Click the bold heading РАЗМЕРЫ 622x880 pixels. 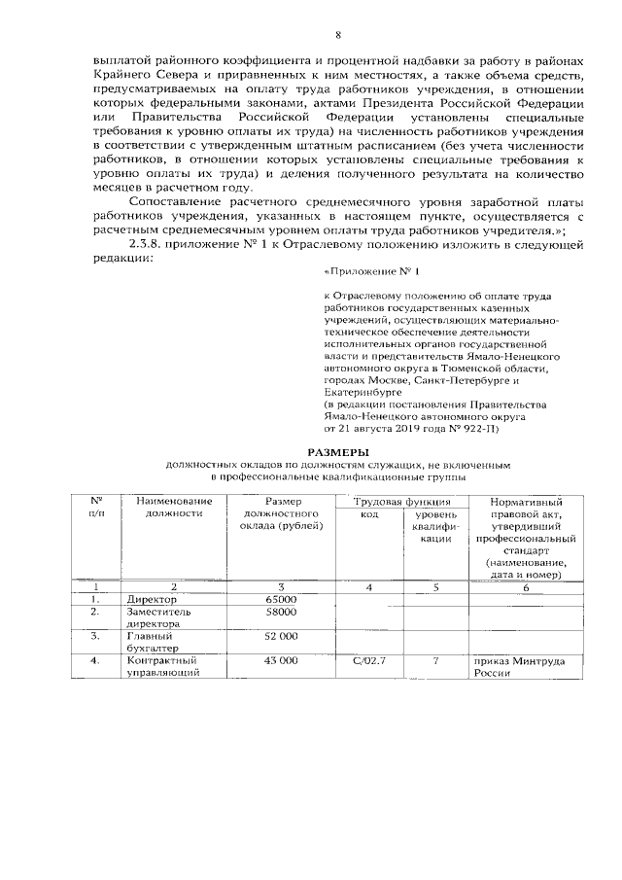click(x=337, y=452)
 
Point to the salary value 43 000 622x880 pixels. click(x=280, y=661)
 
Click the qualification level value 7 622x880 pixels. click(x=435, y=661)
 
